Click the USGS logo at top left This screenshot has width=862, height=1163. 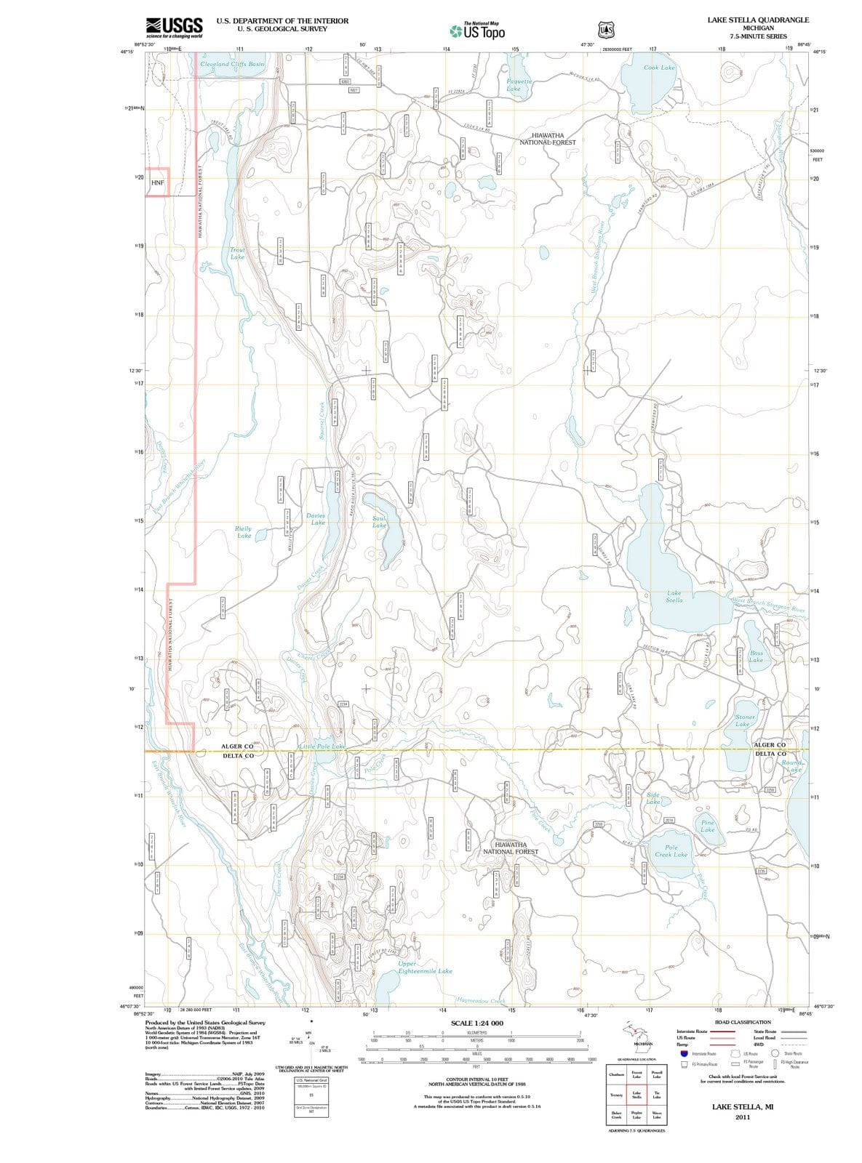pyautogui.click(x=174, y=27)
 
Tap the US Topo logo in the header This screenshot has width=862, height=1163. pyautogui.click(x=477, y=31)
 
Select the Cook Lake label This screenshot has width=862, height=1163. pyautogui.click(x=659, y=68)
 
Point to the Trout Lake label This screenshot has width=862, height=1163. pyautogui.click(x=237, y=253)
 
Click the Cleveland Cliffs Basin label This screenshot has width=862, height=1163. pyautogui.click(x=232, y=64)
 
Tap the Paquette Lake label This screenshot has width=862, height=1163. pyautogui.click(x=520, y=85)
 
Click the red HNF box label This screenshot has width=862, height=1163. pyautogui.click(x=158, y=182)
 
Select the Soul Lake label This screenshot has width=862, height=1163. pyautogui.click(x=379, y=521)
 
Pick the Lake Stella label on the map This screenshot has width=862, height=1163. pyautogui.click(x=674, y=597)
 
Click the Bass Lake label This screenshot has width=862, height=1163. pyautogui.click(x=756, y=656)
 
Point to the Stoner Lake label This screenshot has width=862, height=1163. pyautogui.click(x=745, y=720)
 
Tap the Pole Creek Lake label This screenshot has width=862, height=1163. pyautogui.click(x=671, y=851)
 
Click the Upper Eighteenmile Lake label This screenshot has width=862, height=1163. pyautogui.click(x=425, y=967)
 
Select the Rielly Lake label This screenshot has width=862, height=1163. pyautogui.click(x=244, y=532)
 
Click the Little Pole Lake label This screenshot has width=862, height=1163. pyautogui.click(x=322, y=747)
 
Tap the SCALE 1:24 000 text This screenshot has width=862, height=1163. pyautogui.click(x=476, y=1023)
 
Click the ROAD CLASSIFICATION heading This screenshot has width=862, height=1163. pyautogui.click(x=743, y=1022)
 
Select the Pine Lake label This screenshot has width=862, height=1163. pyautogui.click(x=707, y=826)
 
